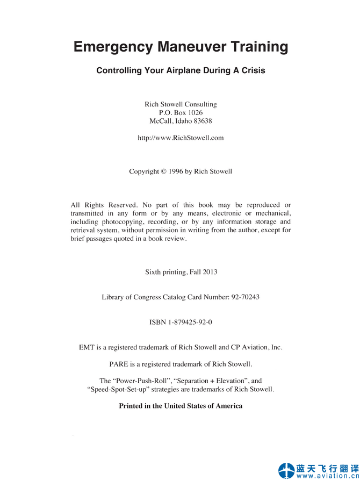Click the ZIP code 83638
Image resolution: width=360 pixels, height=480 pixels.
[x=201, y=121]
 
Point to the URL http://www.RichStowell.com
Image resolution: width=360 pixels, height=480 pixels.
[x=181, y=138]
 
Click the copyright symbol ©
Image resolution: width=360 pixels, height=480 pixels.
[x=163, y=171]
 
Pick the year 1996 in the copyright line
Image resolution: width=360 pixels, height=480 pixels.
[x=175, y=171]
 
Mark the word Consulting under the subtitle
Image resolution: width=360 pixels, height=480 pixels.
[x=200, y=104]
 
